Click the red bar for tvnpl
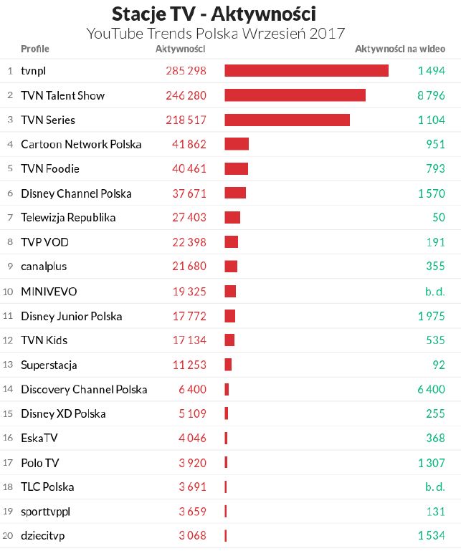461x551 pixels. (306, 70)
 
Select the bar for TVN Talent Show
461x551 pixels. (295, 95)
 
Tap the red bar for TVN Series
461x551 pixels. (287, 120)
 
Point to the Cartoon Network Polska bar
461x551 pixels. (237, 144)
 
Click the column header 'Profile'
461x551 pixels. (35, 49)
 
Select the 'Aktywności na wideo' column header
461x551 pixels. (400, 49)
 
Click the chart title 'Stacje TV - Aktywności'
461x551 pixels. (214, 14)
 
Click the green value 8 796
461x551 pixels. (432, 95)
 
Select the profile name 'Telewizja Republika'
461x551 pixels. (68, 217)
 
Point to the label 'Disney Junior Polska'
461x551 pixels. (72, 316)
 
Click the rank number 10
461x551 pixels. (9, 292)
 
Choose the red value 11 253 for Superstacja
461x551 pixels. (189, 365)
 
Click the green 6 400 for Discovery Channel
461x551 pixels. (432, 389)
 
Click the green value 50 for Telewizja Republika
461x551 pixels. (438, 217)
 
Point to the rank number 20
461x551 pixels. (9, 535)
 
